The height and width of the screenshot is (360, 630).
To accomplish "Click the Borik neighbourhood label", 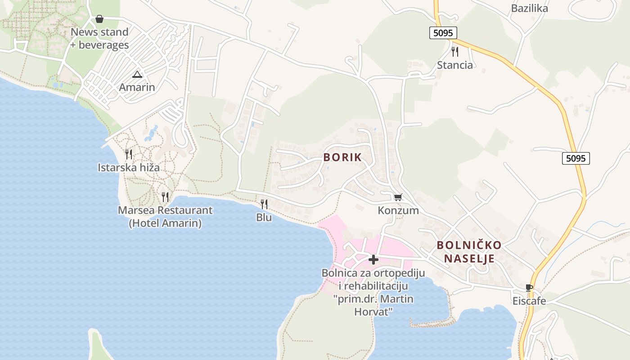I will tap(342, 157).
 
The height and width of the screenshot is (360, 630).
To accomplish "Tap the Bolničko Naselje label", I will tap(469, 252).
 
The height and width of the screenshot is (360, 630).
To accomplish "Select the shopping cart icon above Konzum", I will tap(398, 197).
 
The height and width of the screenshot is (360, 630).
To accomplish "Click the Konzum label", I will tap(398, 210).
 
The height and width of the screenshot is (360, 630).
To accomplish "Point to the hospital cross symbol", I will tap(373, 260).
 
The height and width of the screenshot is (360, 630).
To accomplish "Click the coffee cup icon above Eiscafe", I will tap(529, 288).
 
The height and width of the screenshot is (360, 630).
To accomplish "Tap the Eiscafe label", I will tap(529, 301).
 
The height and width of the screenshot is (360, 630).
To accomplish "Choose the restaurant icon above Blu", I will tap(264, 204).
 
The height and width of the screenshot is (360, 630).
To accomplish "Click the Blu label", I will tap(264, 217).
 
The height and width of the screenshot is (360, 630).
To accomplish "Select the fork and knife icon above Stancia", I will tap(455, 52).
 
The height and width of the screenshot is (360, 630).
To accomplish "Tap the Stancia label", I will tap(455, 65).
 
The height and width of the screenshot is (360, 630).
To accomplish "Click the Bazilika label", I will tap(529, 8).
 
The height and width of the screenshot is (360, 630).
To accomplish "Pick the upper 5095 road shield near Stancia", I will tap(443, 33).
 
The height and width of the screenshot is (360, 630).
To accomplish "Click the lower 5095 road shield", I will tap(576, 158).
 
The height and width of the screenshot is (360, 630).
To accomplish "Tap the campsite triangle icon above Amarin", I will tap(137, 74).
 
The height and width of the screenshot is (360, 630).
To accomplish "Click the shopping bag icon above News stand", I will tap(99, 19).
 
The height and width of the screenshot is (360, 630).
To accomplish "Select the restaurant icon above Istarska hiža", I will tap(129, 154).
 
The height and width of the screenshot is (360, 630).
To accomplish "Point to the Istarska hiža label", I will tap(129, 168).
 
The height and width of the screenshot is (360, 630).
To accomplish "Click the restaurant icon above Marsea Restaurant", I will tap(165, 197).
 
